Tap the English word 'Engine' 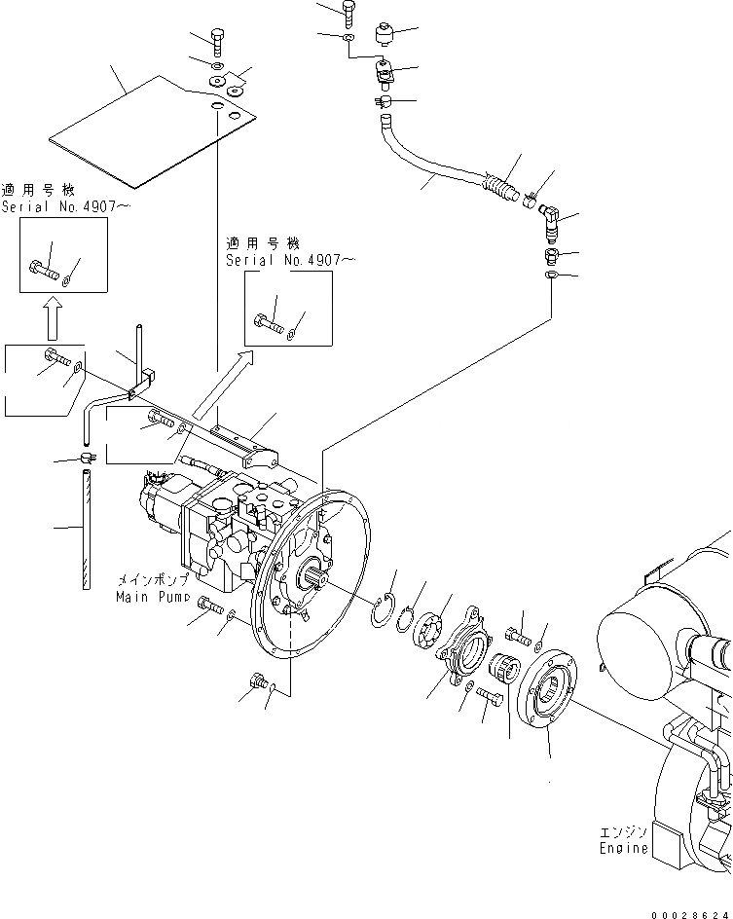pos(624,847)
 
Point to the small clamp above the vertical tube pos(88,455)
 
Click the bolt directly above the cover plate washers pos(218,42)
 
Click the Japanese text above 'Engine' pos(624,831)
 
